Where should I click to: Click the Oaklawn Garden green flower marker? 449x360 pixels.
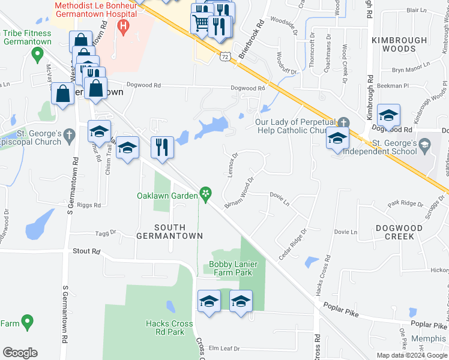206,193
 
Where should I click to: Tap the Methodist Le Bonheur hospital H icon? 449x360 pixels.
124,26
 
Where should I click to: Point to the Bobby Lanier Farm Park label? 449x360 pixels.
231,268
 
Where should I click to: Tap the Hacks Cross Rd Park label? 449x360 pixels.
169,328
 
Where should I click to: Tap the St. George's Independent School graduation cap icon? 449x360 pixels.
425,144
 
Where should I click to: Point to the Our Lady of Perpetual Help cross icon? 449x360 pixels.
343,122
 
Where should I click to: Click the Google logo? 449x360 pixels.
20,353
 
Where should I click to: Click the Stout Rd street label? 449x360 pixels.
86,251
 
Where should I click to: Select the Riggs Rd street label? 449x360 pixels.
89,205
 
